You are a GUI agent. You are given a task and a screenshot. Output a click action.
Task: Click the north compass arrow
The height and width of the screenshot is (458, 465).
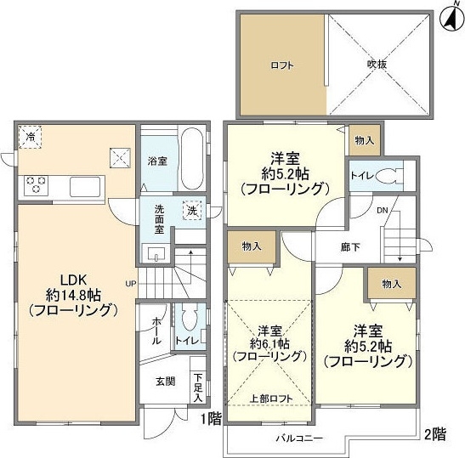[x=452, y=19]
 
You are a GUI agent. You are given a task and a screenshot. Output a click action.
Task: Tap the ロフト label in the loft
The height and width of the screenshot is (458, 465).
[x=282, y=65]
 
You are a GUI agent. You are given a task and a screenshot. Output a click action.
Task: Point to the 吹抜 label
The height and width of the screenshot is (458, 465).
[x=377, y=65]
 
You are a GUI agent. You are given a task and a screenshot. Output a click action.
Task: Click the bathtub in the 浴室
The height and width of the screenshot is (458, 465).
[x=192, y=159]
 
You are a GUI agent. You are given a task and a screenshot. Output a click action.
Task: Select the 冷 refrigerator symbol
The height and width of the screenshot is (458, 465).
[x=30, y=137]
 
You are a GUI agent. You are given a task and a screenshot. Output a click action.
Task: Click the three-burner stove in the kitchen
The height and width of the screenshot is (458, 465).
[x=36, y=184]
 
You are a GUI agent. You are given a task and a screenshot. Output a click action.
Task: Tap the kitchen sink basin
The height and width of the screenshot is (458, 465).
[x=85, y=187]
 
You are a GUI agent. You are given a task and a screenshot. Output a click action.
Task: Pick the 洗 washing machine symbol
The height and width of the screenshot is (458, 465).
[x=192, y=211]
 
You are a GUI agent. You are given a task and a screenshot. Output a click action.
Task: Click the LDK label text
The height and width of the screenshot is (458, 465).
[x=73, y=280]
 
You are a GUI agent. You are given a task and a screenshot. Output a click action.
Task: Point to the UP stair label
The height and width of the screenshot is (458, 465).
[x=131, y=284]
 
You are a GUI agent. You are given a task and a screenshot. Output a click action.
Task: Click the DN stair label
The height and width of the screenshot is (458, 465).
[x=383, y=211]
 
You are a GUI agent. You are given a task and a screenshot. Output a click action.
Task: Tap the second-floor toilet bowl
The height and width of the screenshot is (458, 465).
[x=387, y=176]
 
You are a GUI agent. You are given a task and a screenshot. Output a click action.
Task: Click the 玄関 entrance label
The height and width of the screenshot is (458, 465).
[x=166, y=382]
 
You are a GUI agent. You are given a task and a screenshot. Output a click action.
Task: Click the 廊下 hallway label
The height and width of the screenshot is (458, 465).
[x=350, y=247]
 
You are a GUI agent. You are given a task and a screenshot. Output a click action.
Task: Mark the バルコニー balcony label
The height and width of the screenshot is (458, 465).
[x=299, y=438]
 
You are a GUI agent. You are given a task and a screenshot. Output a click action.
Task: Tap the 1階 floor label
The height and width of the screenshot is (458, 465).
[x=212, y=419]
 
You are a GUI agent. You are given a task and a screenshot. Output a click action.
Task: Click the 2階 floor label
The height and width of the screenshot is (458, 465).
[x=435, y=434]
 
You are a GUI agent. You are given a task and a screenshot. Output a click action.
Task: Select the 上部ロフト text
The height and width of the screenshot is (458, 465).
[x=271, y=399]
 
